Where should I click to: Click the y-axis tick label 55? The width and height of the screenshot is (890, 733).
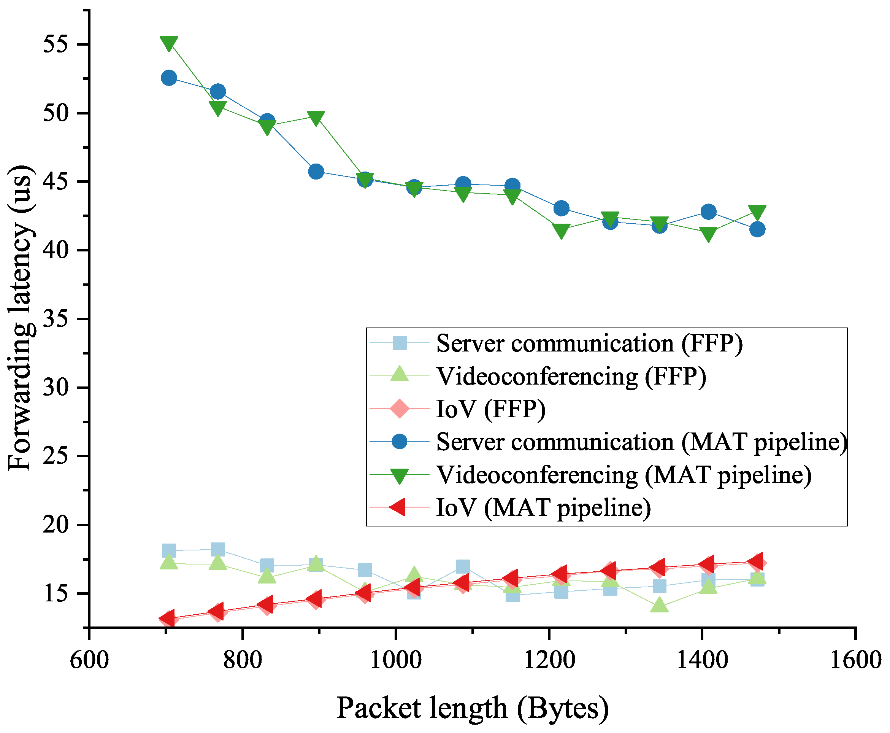[x=55, y=45]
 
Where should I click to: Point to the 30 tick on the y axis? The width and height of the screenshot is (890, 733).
[x=55, y=388]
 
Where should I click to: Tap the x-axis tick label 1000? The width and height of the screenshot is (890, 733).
[x=395, y=660]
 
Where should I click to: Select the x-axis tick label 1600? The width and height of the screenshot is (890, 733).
[x=855, y=660]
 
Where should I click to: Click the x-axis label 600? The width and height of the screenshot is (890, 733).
[x=89, y=660]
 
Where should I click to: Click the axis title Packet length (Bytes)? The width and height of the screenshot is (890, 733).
[x=472, y=708]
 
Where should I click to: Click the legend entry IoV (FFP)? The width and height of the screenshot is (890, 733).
[x=490, y=409]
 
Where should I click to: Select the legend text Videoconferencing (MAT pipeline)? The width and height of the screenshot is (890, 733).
[x=624, y=475]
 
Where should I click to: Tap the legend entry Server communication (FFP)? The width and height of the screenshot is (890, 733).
[x=589, y=343]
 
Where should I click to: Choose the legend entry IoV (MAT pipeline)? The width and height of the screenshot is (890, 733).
[x=543, y=507]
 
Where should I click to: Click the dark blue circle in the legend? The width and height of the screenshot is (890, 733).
[x=399, y=442]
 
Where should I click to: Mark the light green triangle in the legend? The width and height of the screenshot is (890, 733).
[x=399, y=374]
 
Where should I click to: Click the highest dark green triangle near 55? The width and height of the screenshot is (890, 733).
[x=169, y=43]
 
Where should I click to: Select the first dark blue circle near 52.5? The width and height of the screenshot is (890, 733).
[x=169, y=78]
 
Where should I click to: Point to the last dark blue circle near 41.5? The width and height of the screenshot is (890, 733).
[x=757, y=229]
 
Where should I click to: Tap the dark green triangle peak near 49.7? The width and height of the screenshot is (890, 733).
[x=316, y=118]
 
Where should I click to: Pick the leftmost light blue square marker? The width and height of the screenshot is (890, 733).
[x=169, y=550]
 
